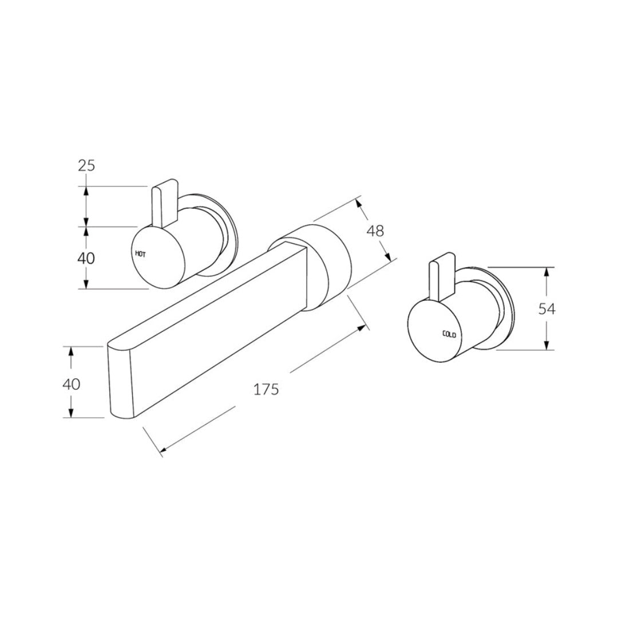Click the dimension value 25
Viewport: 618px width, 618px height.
pyautogui.click(x=86, y=166)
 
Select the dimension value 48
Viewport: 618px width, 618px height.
pyautogui.click(x=375, y=231)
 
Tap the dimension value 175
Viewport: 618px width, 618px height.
pyautogui.click(x=266, y=390)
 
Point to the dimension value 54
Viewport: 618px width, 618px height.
pyautogui.click(x=547, y=309)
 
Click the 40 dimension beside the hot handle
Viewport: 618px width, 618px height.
pyautogui.click(x=86, y=258)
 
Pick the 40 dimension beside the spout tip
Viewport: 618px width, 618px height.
pyautogui.click(x=71, y=384)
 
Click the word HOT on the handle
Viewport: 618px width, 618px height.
pyautogui.click(x=141, y=253)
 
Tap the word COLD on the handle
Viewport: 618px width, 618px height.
pyautogui.click(x=449, y=334)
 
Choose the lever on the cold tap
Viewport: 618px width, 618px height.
pyautogui.click(x=441, y=280)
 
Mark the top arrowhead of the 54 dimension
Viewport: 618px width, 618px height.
pyautogui.click(x=547, y=271)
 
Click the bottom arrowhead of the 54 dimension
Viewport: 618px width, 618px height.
pyautogui.click(x=547, y=346)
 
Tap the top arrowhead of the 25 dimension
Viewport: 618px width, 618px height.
pyautogui.click(x=86, y=190)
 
